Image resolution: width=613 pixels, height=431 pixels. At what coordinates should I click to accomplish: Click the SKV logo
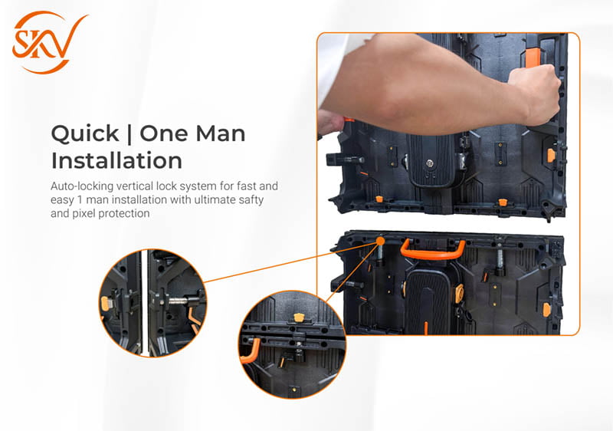[x=50, y=42]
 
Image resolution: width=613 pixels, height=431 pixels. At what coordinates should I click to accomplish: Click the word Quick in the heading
[x=85, y=133]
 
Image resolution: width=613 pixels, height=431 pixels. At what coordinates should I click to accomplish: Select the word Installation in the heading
[x=116, y=160]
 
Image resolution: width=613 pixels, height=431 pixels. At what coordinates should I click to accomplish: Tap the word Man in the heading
[x=221, y=133]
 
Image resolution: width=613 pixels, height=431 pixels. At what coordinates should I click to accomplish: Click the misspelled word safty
[x=251, y=200]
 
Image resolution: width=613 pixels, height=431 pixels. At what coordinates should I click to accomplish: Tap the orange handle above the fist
[x=532, y=57]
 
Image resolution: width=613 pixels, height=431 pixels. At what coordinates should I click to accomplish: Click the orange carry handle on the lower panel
[x=432, y=250]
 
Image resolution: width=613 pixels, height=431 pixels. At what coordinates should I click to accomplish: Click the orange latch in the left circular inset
[x=105, y=303]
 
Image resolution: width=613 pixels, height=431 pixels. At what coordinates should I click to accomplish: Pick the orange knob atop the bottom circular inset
[x=299, y=317]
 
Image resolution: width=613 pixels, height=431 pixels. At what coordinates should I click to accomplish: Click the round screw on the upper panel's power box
[x=430, y=163]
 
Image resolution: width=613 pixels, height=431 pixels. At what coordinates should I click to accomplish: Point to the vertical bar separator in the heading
[x=129, y=133]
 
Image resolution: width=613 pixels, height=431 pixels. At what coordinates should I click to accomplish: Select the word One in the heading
[x=164, y=133]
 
